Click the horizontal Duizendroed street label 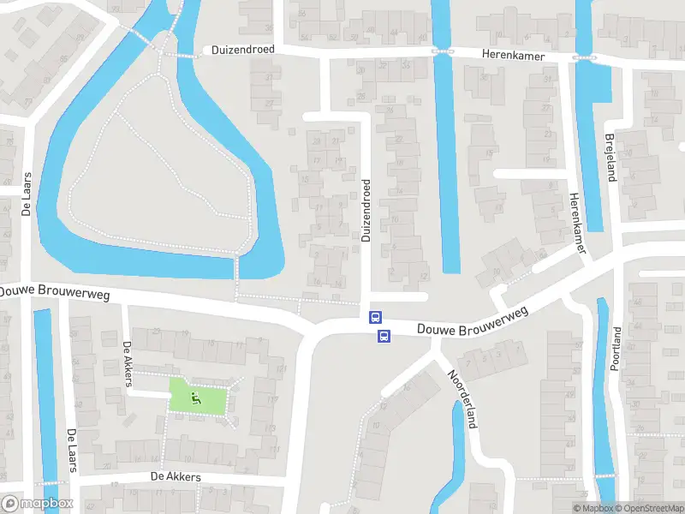click(243, 50)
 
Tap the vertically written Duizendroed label click(366, 211)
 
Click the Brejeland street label click(611, 158)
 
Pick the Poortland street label click(616, 348)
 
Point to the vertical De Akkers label click(128, 364)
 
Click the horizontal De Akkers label click(176, 476)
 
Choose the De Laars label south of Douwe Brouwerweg click(72, 451)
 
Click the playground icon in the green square click(196, 397)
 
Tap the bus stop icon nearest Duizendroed click(374, 317)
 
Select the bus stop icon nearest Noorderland click(384, 335)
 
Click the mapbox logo click(38, 504)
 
